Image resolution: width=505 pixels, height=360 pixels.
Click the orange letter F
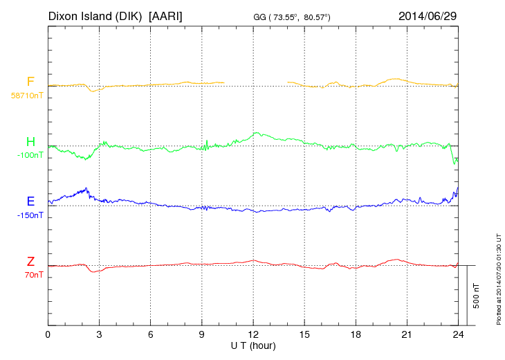click(30, 82)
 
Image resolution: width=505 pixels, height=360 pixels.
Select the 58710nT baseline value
click(26, 95)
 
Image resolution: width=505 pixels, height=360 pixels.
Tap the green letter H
click(30, 142)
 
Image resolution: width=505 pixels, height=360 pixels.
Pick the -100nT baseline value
click(30, 155)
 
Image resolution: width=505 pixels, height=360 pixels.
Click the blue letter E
click(30, 201)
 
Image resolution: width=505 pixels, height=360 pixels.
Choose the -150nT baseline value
click(30, 215)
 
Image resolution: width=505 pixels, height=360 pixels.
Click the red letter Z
click(30, 261)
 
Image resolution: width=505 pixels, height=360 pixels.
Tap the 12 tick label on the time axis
click(253, 334)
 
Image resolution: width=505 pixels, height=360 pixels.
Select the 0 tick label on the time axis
click(48, 334)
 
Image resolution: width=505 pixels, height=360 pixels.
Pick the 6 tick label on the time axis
click(151, 334)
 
